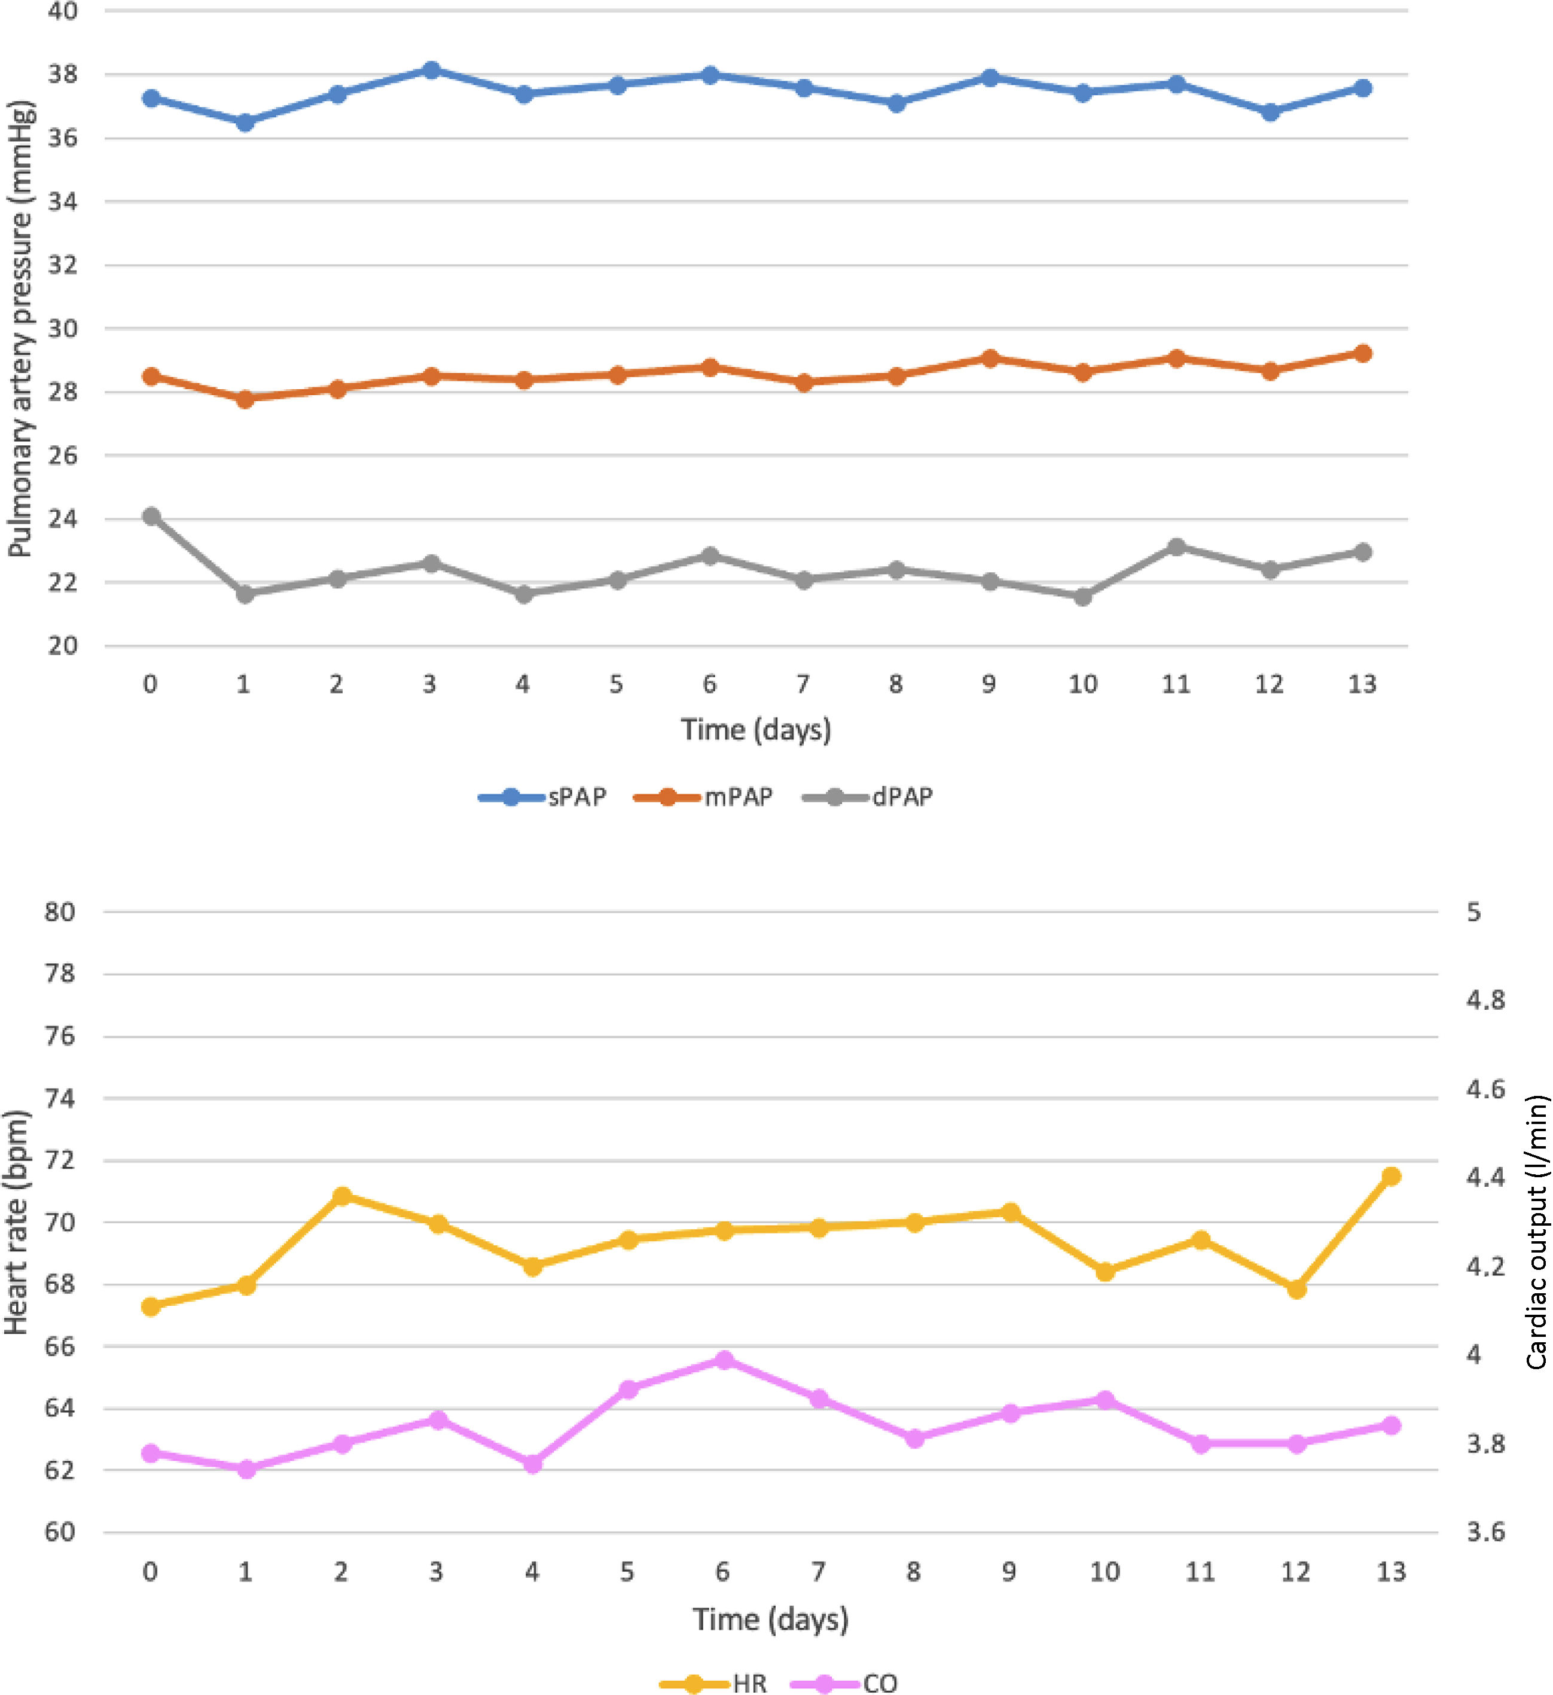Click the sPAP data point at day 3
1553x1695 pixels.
tap(431, 71)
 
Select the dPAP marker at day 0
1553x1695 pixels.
tap(151, 516)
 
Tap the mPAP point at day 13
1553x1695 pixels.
tap(1363, 353)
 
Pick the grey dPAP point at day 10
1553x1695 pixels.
tap(1083, 597)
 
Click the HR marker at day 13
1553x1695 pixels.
tap(1392, 1176)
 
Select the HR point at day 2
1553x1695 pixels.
tap(341, 1196)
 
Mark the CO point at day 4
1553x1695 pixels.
tap(532, 1464)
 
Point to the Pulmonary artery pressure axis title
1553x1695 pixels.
tap(20, 328)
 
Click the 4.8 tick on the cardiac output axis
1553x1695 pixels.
tap(1485, 1000)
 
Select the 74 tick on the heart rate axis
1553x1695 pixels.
tap(60, 1099)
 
